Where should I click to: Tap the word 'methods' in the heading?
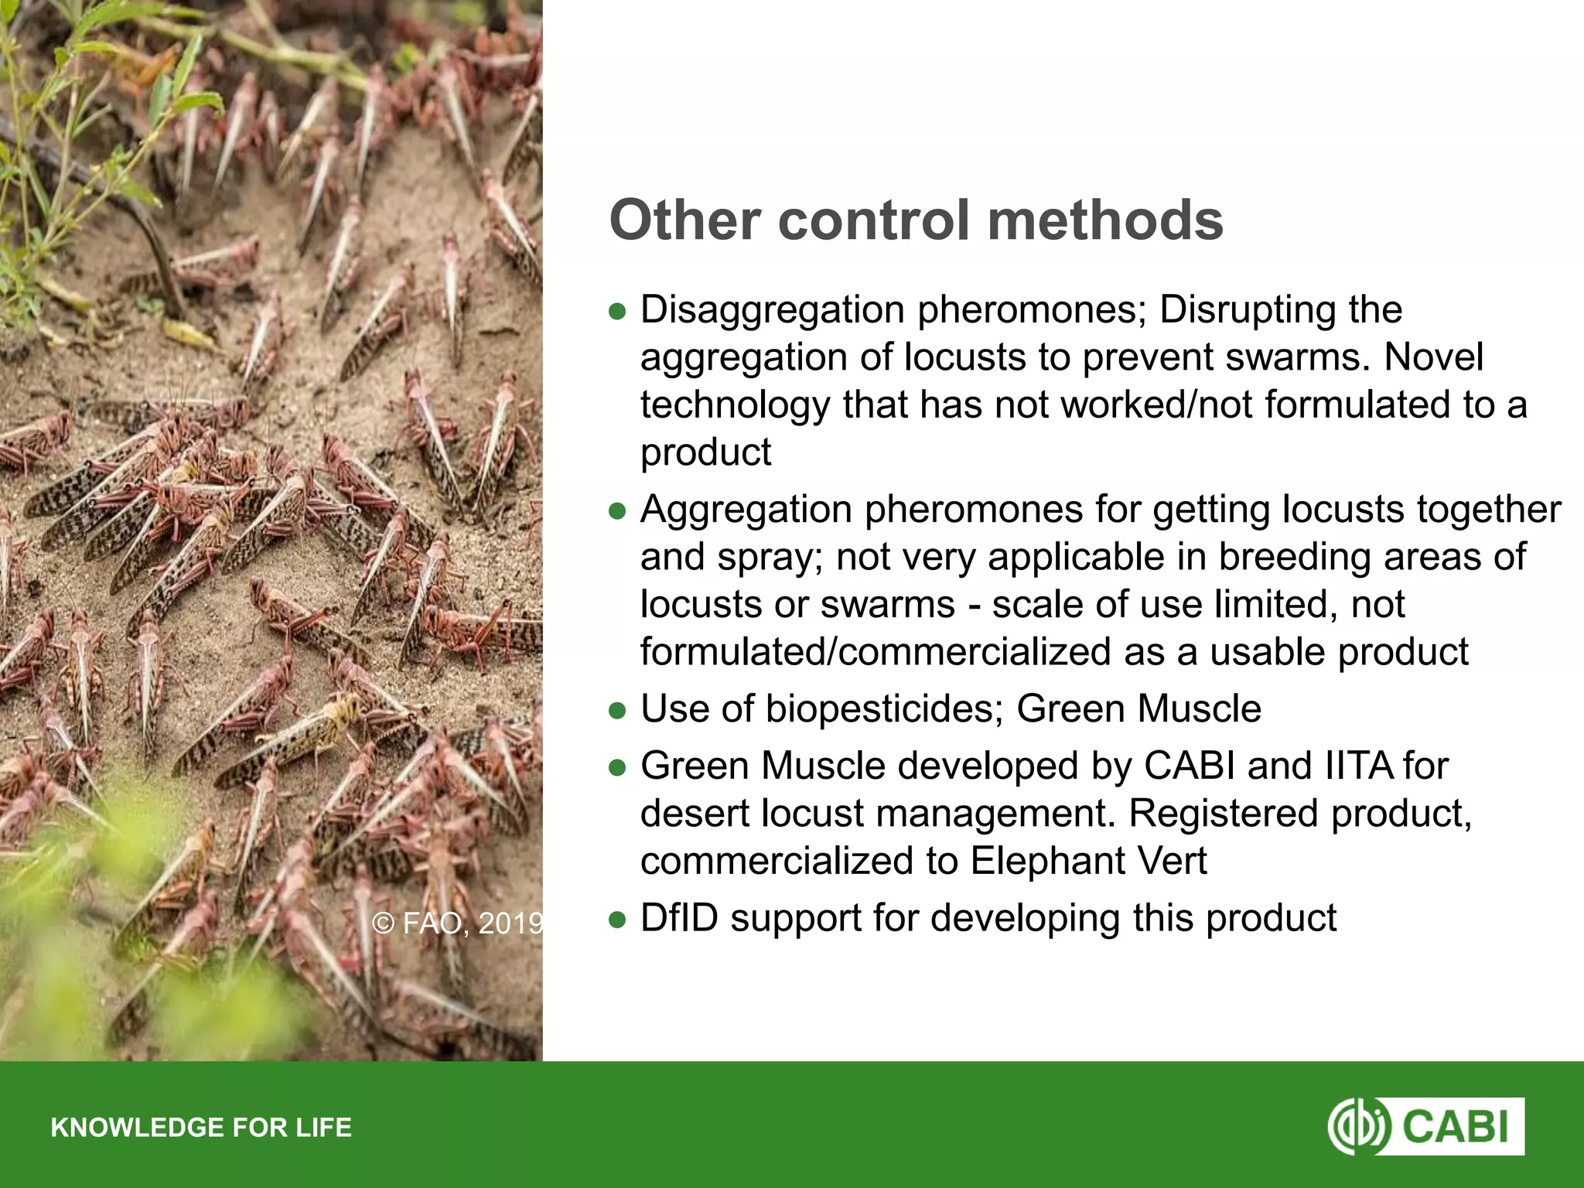tap(1105, 220)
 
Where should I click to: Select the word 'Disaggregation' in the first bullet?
tap(772, 310)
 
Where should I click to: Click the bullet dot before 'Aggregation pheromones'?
tap(616, 511)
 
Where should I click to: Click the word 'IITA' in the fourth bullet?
tap(1349, 766)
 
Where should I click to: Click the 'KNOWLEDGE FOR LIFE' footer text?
tap(201, 1128)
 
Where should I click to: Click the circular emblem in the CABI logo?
tap(1359, 1127)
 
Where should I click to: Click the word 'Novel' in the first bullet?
tap(1433, 357)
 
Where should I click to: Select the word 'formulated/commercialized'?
tap(876, 652)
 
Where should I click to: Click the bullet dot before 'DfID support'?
tap(616, 920)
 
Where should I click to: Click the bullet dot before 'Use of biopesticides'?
tap(616, 711)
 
